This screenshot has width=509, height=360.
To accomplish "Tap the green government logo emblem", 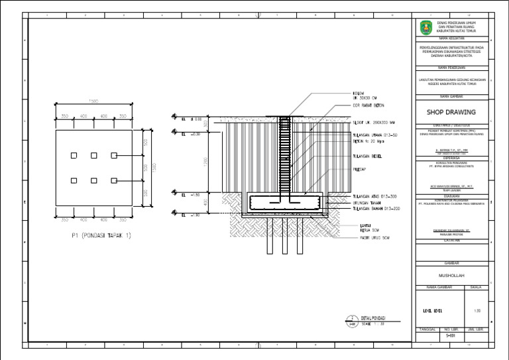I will (424, 27).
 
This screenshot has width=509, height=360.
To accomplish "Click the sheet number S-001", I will (451, 336).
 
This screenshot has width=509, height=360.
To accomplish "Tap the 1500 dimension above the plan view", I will (93, 101).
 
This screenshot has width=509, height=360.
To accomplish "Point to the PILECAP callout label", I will (341, 170).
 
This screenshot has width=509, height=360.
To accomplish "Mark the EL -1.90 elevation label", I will (191, 215).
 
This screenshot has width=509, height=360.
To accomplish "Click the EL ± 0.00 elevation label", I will (192, 120).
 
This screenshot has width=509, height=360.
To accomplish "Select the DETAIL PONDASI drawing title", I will (375, 318).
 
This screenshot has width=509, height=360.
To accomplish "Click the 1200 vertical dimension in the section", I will (206, 162).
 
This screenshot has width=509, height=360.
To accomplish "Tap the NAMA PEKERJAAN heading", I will (451, 68).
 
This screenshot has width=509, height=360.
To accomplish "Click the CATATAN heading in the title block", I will (451, 240).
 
